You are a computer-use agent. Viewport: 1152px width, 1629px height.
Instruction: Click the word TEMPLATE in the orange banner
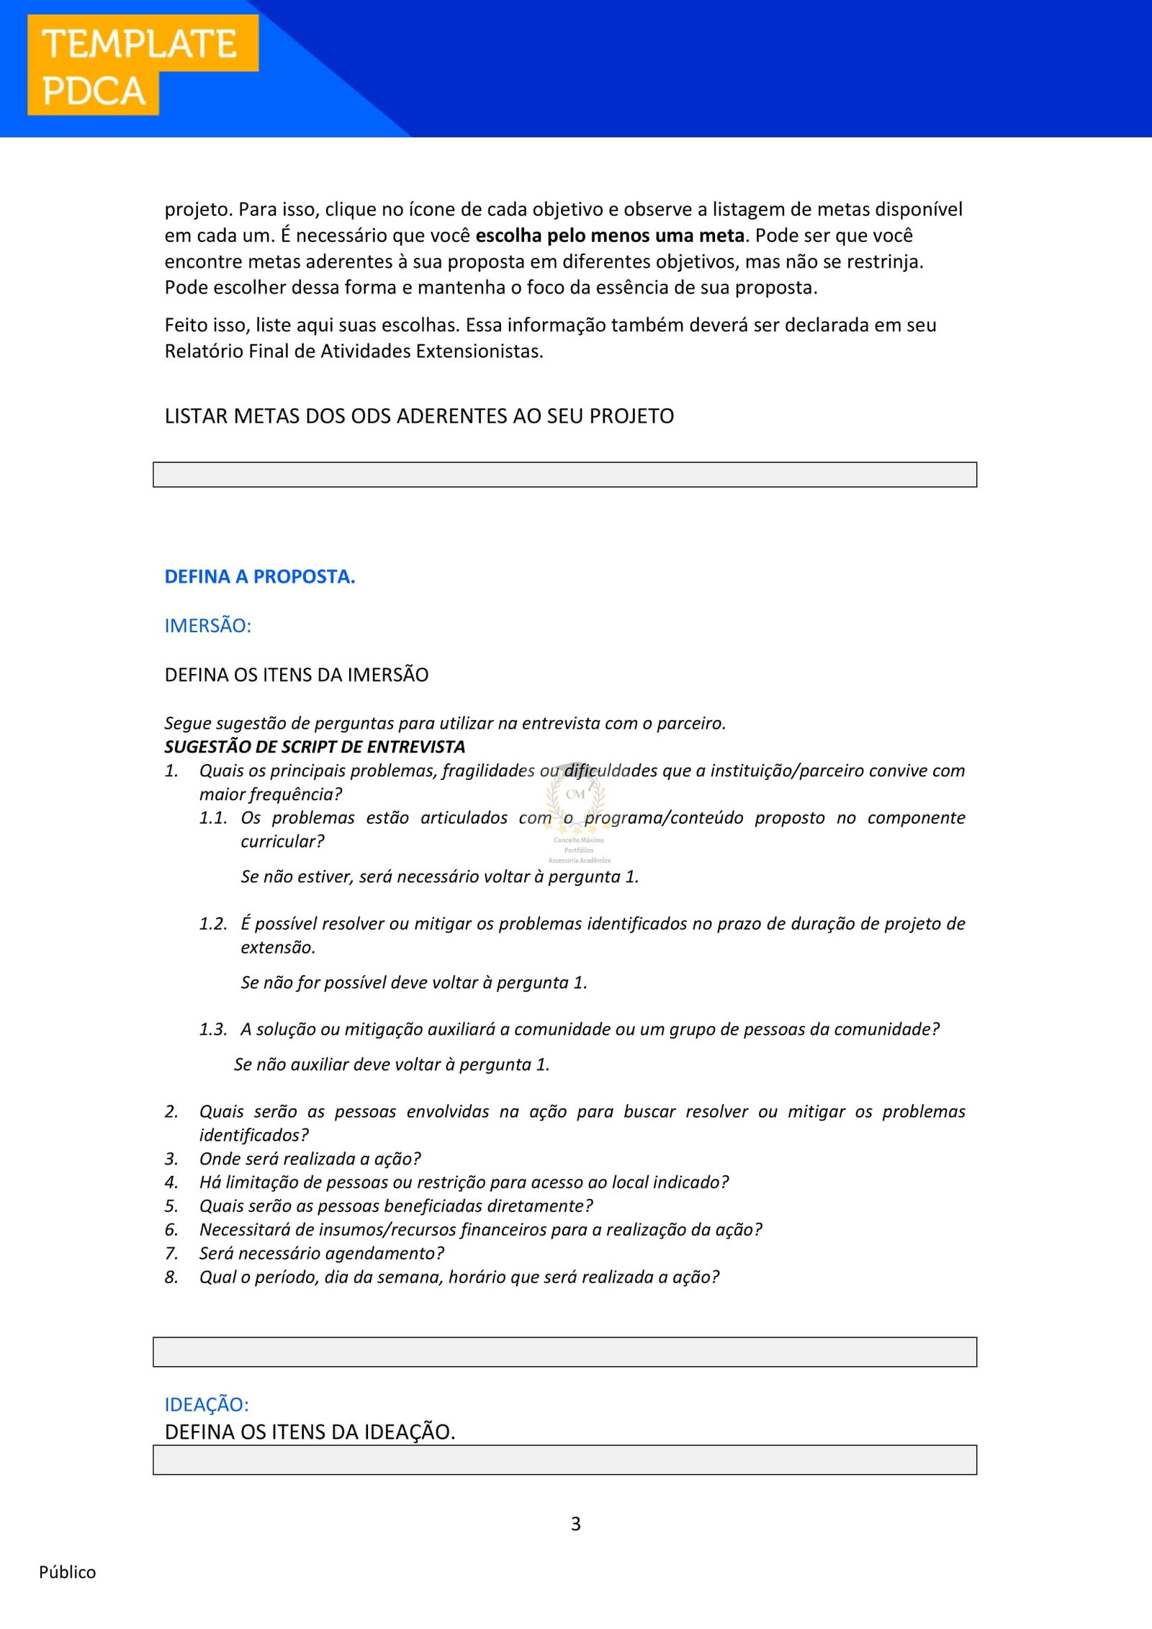140,44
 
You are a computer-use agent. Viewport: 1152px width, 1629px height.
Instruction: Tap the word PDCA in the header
94,91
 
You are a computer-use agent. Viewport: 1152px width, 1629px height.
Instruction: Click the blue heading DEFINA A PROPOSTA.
259,577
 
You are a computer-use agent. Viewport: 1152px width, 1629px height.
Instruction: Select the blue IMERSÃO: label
207,626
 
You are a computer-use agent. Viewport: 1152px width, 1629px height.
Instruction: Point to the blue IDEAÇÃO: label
207,1404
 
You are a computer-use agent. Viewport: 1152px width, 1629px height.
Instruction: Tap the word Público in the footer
67,1572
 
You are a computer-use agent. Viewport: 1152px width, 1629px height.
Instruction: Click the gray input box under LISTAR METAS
564,475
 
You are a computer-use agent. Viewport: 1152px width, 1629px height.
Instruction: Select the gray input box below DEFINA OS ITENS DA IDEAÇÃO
564,1460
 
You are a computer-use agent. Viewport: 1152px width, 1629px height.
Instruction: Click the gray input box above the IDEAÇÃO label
564,1352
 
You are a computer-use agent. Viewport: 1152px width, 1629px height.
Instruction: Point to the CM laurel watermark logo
576,799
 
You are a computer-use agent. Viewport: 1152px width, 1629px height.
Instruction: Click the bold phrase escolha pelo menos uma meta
610,235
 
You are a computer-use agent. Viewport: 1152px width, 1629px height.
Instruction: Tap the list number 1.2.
213,924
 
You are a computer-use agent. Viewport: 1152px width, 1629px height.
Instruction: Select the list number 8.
171,1278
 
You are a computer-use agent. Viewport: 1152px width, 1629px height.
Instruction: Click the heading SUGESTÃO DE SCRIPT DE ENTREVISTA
315,747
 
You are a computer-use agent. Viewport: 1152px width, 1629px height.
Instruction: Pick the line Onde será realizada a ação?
310,1159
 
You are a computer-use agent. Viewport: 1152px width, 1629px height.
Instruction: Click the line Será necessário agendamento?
322,1254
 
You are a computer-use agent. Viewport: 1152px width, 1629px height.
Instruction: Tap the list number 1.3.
213,1030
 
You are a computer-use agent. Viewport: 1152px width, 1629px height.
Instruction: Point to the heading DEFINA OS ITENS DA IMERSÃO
296,675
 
